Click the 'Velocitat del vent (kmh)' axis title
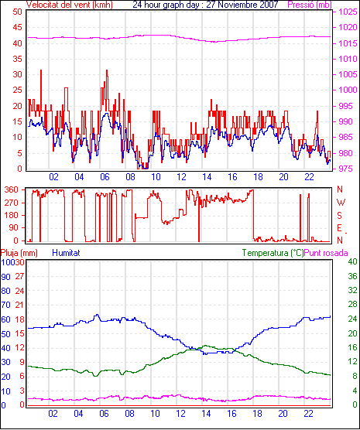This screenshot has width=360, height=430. point(69,5)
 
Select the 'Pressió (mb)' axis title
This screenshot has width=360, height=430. point(310,5)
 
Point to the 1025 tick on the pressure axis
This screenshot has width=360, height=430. point(348,12)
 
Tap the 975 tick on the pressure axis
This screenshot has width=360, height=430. point(345,169)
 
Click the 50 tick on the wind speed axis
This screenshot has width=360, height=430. point(17,12)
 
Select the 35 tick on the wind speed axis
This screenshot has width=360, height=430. point(17,59)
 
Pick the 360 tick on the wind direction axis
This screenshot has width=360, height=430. point(12,189)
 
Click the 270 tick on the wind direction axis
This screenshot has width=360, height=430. point(12,203)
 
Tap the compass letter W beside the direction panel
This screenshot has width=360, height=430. point(341,203)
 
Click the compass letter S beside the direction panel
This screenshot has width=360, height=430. point(339,216)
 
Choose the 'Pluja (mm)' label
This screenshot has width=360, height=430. point(19,253)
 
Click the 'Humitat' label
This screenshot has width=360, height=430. point(66,253)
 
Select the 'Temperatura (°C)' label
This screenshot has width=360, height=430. point(273,253)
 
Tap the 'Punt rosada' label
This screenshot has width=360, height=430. point(326,253)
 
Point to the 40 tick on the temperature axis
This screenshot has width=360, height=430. point(352,261)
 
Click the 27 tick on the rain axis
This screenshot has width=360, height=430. point(20,276)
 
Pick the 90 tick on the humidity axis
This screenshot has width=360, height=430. point(5,277)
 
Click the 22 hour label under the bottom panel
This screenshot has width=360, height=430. point(308,413)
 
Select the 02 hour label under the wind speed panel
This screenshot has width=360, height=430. point(54,177)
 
